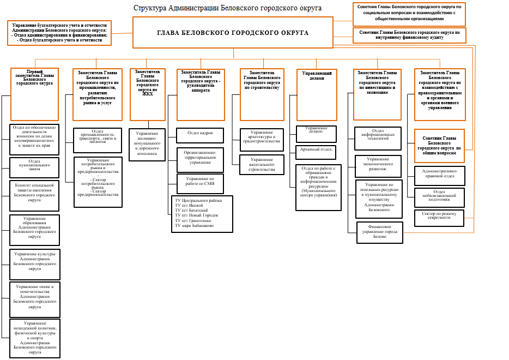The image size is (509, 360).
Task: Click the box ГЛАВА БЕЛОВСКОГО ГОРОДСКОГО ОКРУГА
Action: (x=233, y=33)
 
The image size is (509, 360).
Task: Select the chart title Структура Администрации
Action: (x=227, y=8)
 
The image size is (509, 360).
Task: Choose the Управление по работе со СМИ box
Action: (x=199, y=181)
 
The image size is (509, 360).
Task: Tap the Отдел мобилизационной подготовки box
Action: (x=439, y=197)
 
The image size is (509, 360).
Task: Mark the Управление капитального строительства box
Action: (x=262, y=165)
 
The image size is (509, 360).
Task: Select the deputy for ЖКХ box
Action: (x=147, y=94)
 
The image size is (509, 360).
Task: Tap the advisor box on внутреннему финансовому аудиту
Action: (x=409, y=35)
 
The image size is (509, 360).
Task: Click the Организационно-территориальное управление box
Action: (x=199, y=157)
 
